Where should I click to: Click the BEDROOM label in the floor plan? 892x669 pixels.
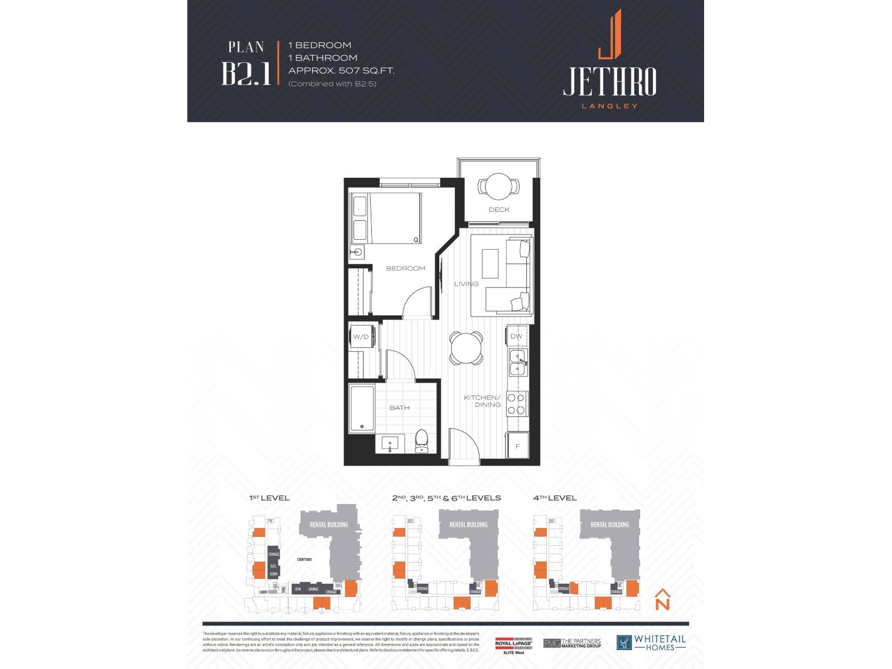tap(405, 268)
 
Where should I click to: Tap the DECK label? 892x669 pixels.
tap(499, 210)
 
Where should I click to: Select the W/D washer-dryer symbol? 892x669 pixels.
tap(361, 337)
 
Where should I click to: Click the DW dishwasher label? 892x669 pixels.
tap(517, 336)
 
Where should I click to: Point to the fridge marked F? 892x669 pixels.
tap(517, 446)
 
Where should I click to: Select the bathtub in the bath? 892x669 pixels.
tap(361, 409)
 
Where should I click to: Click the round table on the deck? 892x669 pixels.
tap(499, 186)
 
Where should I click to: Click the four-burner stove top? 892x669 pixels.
tap(517, 404)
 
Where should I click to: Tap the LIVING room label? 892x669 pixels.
tap(466, 284)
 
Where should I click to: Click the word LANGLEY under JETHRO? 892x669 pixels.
tap(609, 106)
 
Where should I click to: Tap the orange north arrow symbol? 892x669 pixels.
tap(662, 599)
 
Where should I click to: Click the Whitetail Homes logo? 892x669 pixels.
tap(651, 642)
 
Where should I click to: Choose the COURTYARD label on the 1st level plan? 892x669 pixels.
tap(304, 559)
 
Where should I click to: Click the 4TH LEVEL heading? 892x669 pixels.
tap(555, 498)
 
